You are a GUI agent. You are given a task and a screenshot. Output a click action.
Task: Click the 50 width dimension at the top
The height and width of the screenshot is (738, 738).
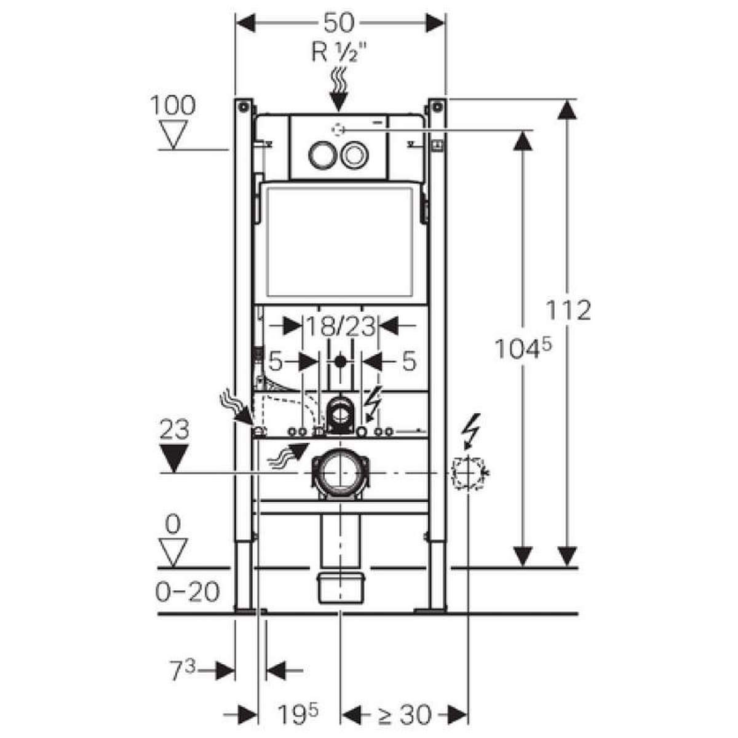pos(339,23)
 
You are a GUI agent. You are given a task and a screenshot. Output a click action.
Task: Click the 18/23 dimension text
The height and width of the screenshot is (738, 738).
pos(341,325)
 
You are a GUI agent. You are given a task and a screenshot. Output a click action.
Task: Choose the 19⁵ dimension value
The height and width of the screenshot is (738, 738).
pos(298,715)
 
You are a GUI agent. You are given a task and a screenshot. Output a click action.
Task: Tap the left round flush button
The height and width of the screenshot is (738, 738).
pos(320,154)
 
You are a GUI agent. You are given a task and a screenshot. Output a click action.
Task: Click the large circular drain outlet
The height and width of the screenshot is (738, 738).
pos(340,472)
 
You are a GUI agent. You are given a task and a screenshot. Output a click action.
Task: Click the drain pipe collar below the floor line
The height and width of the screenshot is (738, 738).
pos(341,587)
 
